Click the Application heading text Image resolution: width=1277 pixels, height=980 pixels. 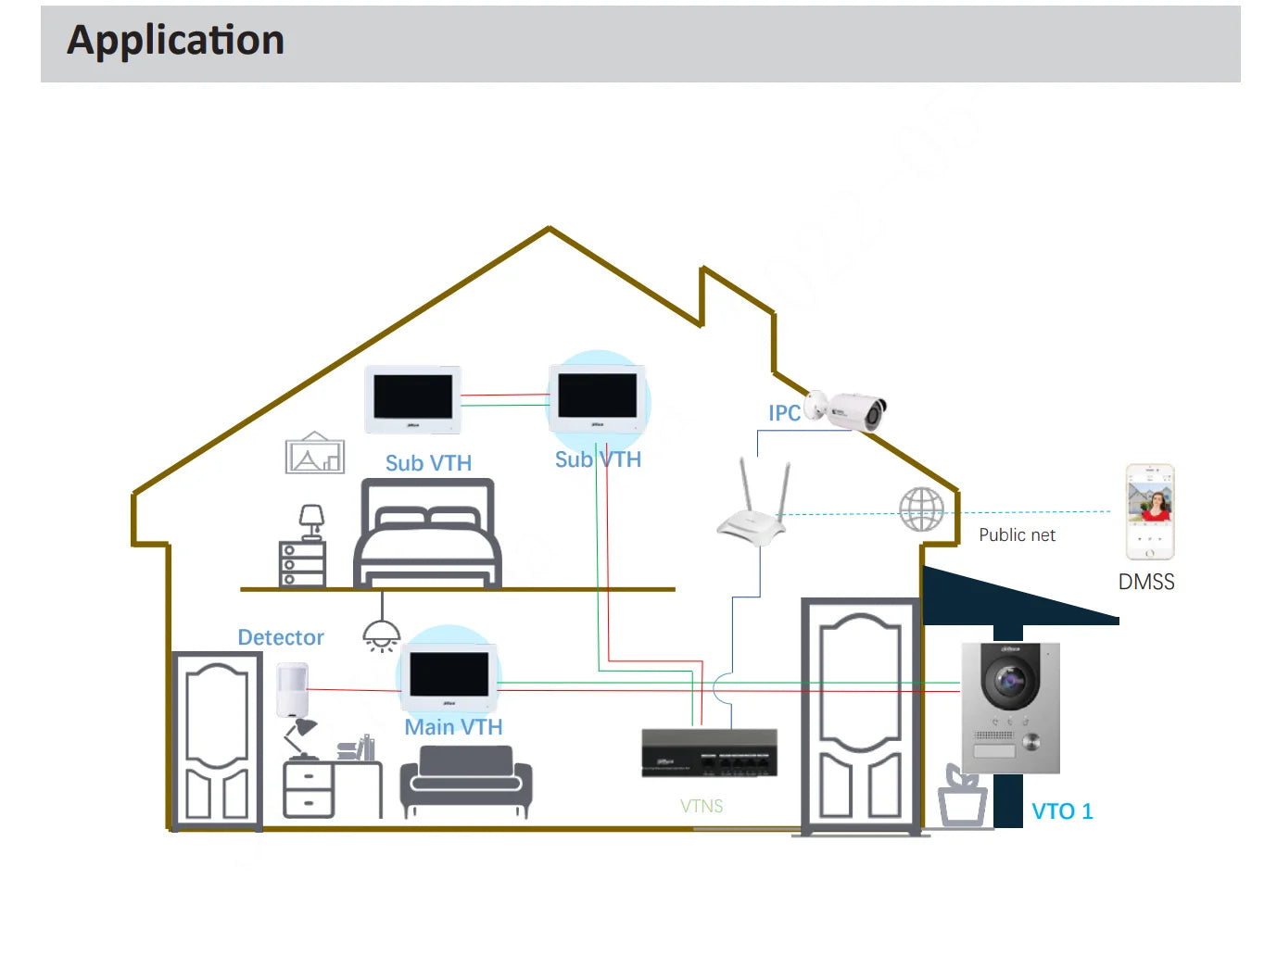click(x=175, y=41)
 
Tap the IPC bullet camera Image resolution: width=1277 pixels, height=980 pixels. click(x=848, y=409)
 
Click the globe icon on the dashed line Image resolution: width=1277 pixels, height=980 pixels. click(x=921, y=509)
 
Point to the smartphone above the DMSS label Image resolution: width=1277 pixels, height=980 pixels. click(x=1149, y=512)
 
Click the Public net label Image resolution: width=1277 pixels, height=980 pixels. click(x=1017, y=535)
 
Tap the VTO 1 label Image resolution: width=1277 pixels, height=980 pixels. click(x=1062, y=811)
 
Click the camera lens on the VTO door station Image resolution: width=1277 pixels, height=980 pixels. click(x=1009, y=682)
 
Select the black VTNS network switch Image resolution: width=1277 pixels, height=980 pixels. click(x=709, y=752)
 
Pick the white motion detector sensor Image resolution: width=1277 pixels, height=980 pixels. click(x=292, y=690)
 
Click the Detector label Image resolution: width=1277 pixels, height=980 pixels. click(x=281, y=637)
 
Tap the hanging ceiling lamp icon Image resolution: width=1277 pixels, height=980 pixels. click(x=382, y=633)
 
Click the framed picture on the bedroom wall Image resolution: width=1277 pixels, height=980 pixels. click(x=315, y=454)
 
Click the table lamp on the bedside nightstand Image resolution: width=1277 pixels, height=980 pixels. click(x=312, y=521)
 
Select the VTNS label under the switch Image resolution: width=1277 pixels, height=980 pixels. click(x=702, y=807)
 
